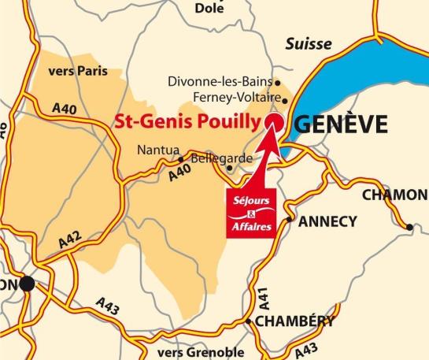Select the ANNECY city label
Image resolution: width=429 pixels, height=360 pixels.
(327, 221)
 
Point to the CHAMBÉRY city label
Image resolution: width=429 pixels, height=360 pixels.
(294, 321)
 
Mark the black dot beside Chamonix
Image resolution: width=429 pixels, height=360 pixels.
(409, 228)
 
